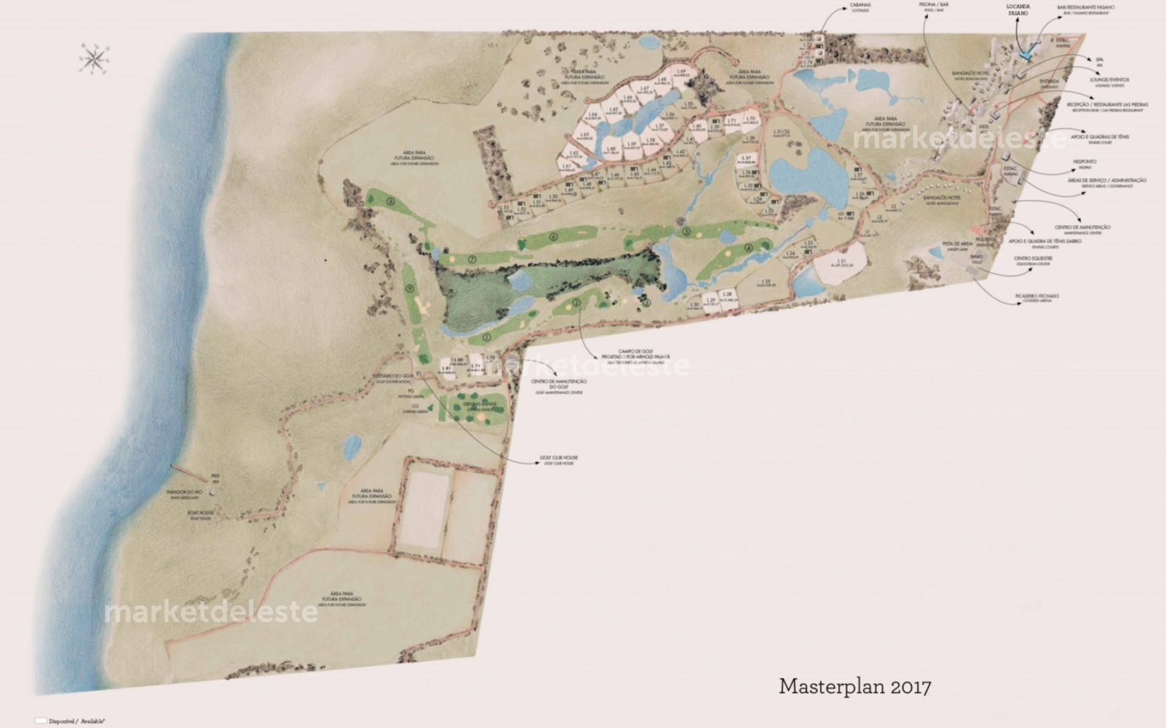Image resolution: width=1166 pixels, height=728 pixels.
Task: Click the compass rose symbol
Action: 94,58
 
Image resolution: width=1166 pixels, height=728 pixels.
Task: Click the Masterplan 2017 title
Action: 854,687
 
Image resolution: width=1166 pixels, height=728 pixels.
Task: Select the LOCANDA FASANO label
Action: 1018,10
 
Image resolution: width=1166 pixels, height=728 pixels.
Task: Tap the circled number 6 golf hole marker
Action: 553,237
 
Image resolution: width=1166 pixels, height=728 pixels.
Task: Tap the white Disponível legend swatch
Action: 41,720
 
